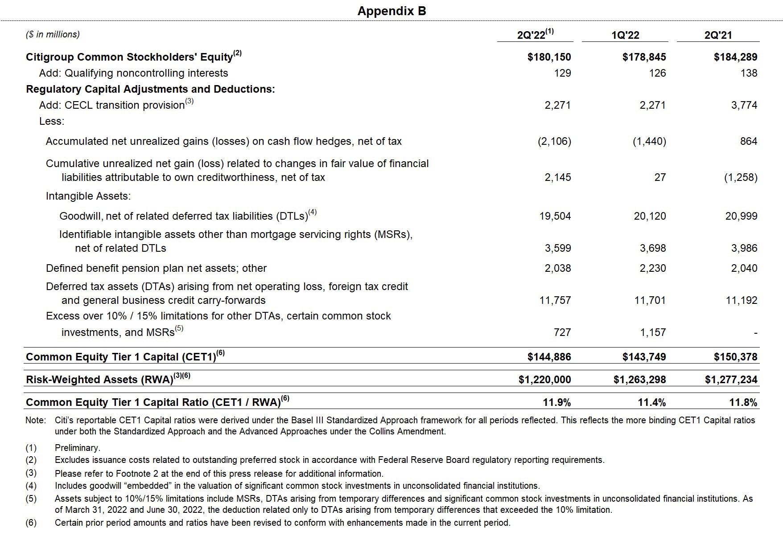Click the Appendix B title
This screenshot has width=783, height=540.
pos(391,11)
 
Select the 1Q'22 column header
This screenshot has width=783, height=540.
pos(625,35)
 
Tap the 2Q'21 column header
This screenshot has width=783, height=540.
pos(718,35)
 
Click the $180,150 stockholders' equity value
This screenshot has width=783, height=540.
pos(549,57)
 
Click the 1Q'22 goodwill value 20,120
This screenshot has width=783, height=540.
pos(650,216)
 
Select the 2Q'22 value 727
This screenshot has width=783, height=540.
pos(562,332)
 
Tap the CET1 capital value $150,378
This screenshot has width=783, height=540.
pos(735,357)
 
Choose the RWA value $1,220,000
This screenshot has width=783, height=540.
pos(544,380)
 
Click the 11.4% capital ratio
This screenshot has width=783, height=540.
pos(651,403)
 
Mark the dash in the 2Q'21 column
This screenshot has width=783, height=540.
pos(755,333)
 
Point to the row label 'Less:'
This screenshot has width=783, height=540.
pos(52,121)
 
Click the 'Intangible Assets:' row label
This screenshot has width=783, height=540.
pos(88,196)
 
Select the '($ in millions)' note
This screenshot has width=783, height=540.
pos(53,34)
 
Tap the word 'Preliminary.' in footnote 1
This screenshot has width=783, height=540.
pos(78,448)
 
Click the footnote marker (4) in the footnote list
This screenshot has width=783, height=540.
pos(31,486)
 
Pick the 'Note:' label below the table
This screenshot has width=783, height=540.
pos(36,420)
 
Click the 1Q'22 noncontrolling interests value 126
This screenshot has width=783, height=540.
pos(657,73)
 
